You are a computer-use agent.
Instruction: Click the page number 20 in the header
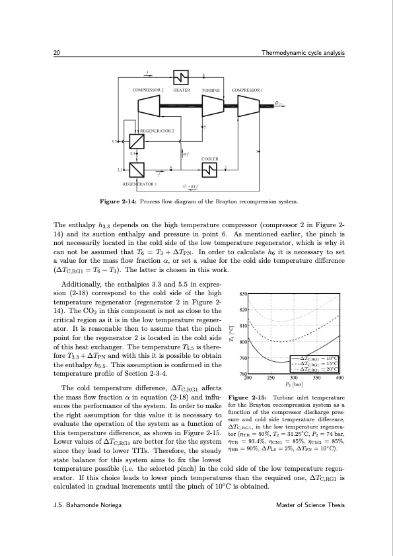[57, 53]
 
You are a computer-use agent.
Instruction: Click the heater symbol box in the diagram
[181, 77]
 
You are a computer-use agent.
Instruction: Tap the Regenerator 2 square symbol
[137, 141]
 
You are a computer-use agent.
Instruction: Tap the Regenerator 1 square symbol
[137, 170]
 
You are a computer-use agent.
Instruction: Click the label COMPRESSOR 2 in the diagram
[148, 90]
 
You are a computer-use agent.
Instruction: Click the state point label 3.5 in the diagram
[115, 141]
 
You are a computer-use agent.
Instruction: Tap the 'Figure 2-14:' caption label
[118, 201]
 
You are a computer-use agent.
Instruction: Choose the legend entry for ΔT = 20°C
[320, 369]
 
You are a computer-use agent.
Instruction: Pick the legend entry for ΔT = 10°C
[320, 359]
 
